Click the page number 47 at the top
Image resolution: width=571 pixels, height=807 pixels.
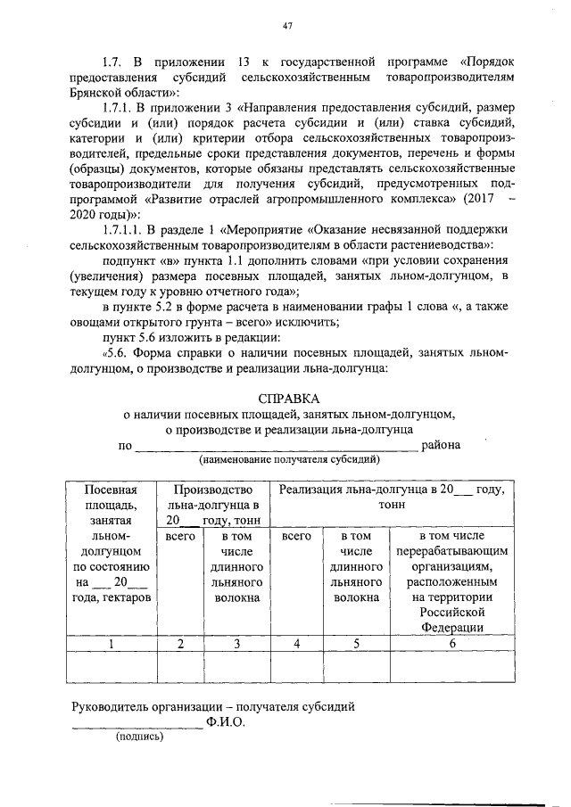287,26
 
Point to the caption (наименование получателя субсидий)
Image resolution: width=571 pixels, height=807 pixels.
289,460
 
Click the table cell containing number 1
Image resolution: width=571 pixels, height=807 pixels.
111,643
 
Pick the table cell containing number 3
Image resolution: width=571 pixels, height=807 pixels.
236,643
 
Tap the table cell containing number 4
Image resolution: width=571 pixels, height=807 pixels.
295,643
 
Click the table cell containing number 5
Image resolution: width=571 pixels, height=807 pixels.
357,643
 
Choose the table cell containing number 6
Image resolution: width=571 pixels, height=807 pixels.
452,643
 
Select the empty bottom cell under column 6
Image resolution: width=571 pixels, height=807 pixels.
452,666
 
